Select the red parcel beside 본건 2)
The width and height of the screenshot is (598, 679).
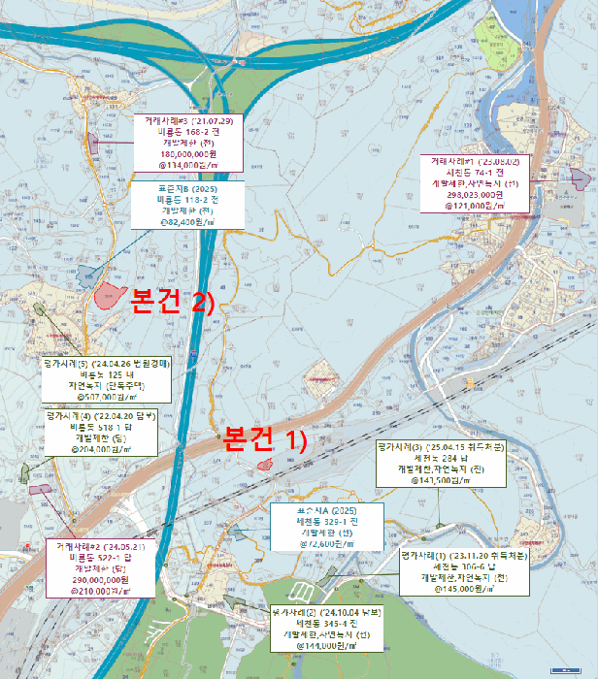(x=114, y=292)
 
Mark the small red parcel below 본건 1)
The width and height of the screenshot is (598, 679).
(x=264, y=466)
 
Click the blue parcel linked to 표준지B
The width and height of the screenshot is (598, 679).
(x=87, y=276)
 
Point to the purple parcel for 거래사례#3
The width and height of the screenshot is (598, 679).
(x=94, y=143)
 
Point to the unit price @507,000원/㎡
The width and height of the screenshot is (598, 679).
(x=107, y=396)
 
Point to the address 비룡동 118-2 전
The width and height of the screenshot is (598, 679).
(x=187, y=198)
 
